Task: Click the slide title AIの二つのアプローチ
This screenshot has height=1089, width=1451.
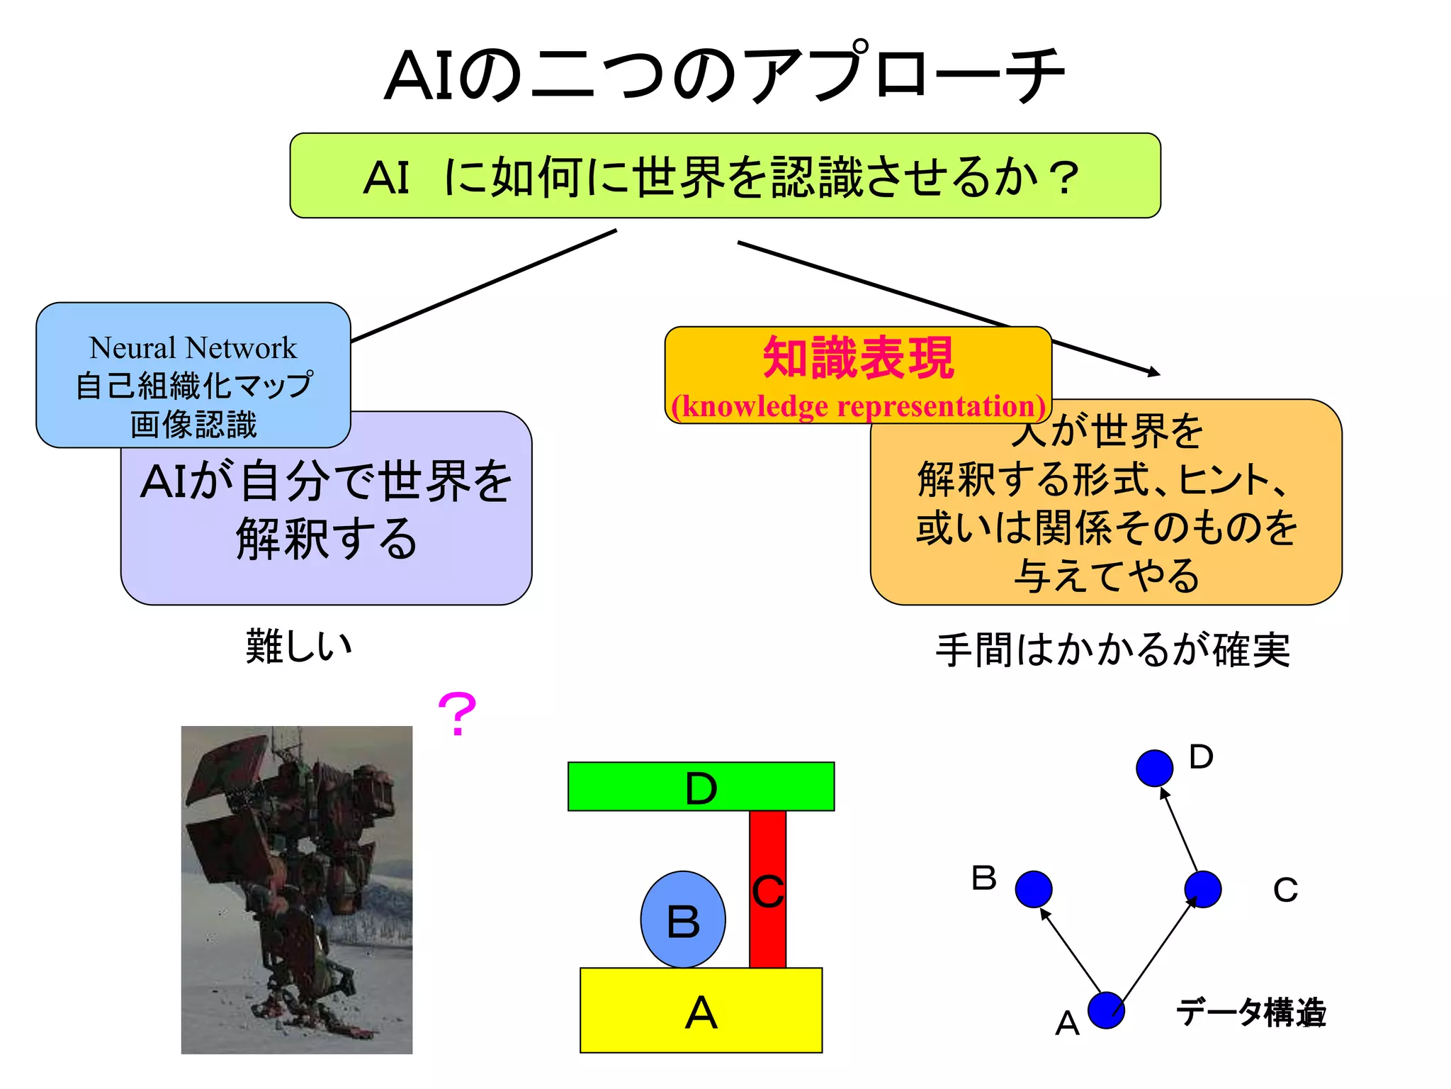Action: pyautogui.click(x=724, y=75)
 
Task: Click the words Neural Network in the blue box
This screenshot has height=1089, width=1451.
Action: pyautogui.click(x=193, y=348)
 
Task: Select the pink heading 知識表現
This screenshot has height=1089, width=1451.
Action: pyautogui.click(x=858, y=358)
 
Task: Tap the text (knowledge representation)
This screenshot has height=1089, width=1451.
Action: pyautogui.click(x=858, y=406)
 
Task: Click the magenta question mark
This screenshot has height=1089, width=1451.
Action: pyautogui.click(x=457, y=715)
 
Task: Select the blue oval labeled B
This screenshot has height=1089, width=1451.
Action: pyautogui.click(x=682, y=919)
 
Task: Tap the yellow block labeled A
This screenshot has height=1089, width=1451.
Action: pyautogui.click(x=701, y=1010)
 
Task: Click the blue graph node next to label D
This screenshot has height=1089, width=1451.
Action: pyautogui.click(x=1154, y=768)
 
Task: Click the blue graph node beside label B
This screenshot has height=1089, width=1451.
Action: pyautogui.click(x=1033, y=889)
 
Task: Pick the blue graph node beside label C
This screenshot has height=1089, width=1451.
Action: pyautogui.click(x=1202, y=889)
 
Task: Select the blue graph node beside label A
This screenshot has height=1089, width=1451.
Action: pyautogui.click(x=1105, y=1010)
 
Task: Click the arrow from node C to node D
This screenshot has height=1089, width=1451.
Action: pyautogui.click(x=1179, y=830)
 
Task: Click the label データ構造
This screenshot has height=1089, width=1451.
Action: pyautogui.click(x=1250, y=1012)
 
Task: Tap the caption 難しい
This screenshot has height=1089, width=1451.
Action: pyautogui.click(x=298, y=647)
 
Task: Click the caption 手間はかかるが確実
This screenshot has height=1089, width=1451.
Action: pyautogui.click(x=1112, y=650)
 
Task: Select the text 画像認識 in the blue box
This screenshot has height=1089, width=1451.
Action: pyautogui.click(x=193, y=425)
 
